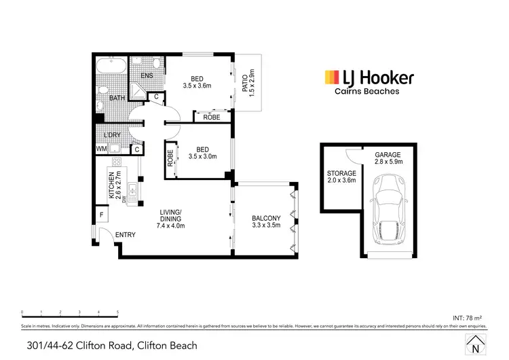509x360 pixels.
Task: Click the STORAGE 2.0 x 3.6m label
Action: (x=341, y=177)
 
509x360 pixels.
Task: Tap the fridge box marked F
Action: (x=102, y=215)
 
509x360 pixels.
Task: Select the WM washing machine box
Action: (x=101, y=149)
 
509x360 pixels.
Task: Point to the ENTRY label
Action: (x=126, y=235)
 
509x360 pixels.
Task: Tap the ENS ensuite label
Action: (x=147, y=76)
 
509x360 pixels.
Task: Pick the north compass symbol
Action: (x=473, y=344)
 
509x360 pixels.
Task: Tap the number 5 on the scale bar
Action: (x=118, y=313)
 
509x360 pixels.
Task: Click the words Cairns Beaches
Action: (x=366, y=92)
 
